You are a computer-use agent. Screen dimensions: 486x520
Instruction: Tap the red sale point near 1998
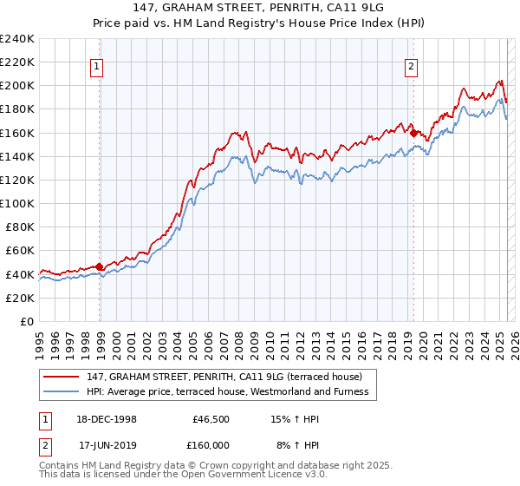(x=100, y=266)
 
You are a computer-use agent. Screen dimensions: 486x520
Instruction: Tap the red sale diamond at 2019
(x=413, y=132)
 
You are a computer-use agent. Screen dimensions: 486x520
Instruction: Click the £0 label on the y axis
(x=28, y=321)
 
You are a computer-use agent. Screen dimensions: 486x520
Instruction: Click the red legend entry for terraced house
(x=230, y=377)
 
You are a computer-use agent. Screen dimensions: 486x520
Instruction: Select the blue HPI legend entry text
(x=227, y=391)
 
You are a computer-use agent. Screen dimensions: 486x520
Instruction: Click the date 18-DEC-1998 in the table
(x=107, y=419)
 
